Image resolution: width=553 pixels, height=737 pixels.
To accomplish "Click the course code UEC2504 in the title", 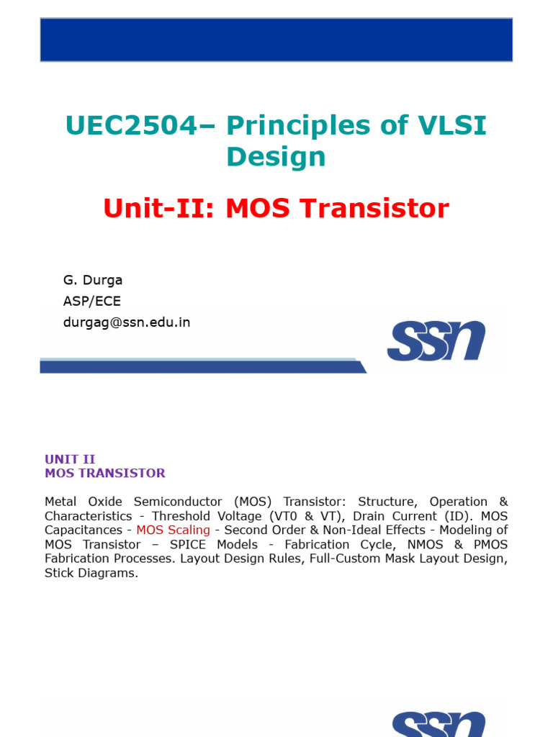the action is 131,125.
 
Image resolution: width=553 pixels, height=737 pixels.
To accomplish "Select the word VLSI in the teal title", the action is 452,125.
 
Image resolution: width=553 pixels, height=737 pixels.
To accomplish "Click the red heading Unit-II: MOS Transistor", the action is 276,208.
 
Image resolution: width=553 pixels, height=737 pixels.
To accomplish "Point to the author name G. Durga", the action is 93,280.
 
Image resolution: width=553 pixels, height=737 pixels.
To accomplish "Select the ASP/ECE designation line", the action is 92,301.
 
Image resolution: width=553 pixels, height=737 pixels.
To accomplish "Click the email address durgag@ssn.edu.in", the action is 127,322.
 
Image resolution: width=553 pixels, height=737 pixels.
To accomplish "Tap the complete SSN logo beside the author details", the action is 436,340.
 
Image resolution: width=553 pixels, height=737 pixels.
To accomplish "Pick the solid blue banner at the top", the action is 276,40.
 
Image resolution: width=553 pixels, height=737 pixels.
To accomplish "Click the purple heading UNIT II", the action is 70,458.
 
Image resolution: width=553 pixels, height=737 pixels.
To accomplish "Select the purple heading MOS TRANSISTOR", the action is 105,473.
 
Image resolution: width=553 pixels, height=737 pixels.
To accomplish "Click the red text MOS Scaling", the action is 173,530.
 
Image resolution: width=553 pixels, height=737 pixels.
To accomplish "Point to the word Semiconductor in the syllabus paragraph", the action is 178,502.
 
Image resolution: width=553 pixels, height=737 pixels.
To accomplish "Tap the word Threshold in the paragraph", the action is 181,516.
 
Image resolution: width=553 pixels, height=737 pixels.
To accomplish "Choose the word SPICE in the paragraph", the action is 188,544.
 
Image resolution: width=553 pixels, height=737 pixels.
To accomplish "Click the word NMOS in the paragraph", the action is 425,544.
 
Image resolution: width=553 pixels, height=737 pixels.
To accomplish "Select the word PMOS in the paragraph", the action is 490,544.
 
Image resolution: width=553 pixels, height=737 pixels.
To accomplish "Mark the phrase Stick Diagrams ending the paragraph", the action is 91,574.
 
